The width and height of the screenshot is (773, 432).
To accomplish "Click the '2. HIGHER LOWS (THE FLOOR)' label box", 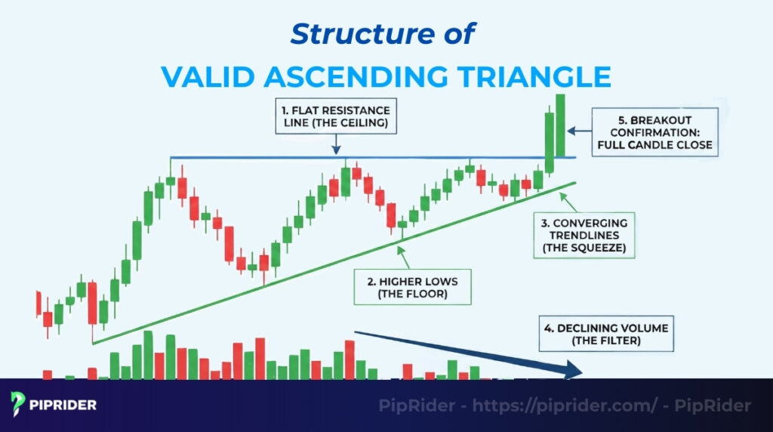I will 412,287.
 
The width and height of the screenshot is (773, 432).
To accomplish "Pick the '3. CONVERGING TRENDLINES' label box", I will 584,235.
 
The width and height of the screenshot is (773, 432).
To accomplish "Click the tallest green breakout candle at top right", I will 560,125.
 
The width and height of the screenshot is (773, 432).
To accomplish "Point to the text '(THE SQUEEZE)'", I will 584,247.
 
